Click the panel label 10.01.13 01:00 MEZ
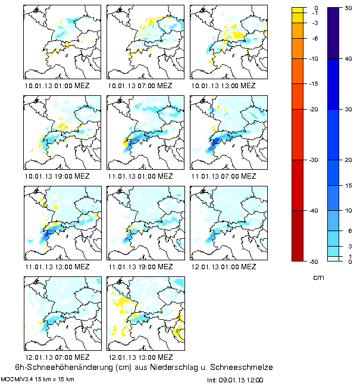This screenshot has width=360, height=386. [57, 85]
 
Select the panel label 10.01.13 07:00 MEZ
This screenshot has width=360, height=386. [140, 85]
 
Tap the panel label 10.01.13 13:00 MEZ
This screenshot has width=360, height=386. [224, 85]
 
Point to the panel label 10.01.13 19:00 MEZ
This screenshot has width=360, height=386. [57, 177]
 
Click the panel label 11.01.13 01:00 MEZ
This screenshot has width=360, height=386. [140, 177]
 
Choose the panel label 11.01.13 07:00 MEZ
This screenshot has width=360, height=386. [224, 177]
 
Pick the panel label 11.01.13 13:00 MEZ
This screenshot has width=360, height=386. [57, 267]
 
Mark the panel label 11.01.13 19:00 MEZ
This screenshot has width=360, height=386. [140, 267]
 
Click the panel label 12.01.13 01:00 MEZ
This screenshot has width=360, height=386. [224, 267]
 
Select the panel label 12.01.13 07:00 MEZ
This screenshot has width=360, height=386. [57, 357]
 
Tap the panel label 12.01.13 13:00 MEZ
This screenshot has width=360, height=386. [140, 357]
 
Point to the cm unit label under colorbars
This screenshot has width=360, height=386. [318, 278]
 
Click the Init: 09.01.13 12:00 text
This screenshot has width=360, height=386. [235, 379]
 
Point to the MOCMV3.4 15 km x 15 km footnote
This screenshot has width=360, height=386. [37, 379]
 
